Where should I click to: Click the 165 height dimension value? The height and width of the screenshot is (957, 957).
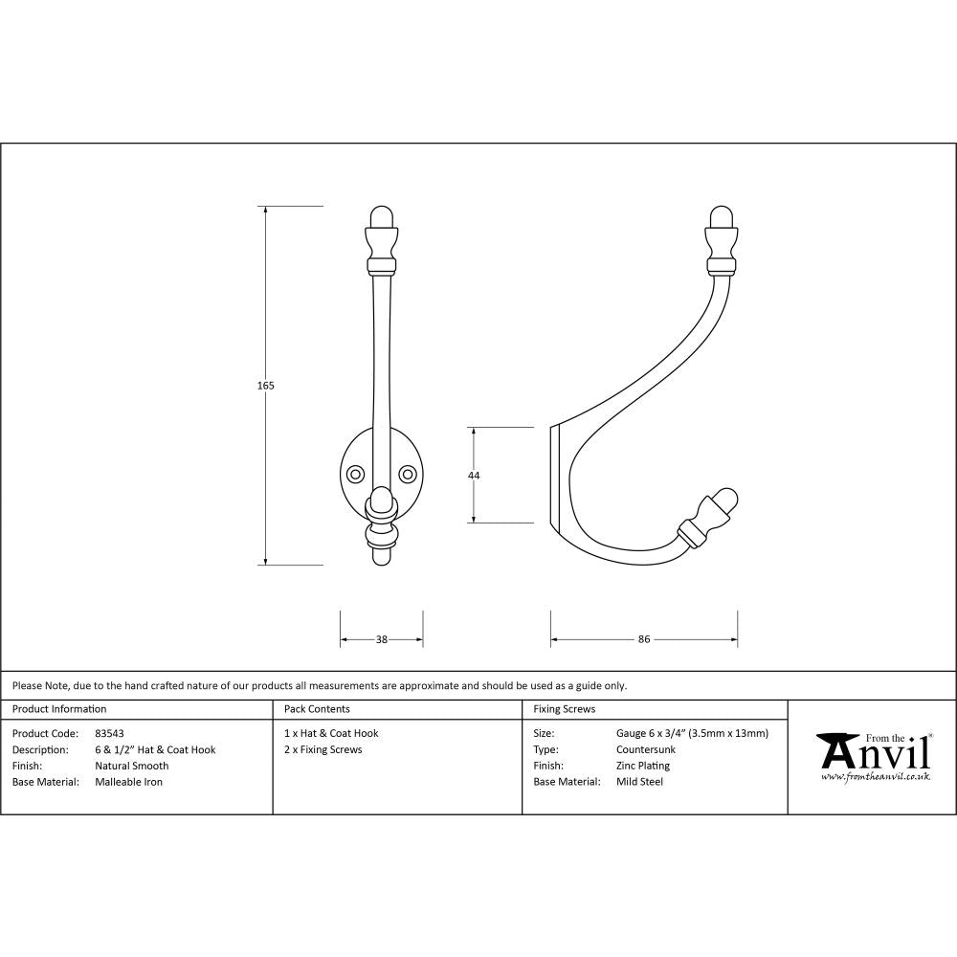(266, 386)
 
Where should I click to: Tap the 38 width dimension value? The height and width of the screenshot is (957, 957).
(382, 639)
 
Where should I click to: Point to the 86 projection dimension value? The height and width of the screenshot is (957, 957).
(644, 639)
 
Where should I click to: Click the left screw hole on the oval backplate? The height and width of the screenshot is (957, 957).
(355, 474)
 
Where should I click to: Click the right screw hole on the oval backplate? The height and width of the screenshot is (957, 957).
(409, 474)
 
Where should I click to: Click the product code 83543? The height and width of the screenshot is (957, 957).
(109, 733)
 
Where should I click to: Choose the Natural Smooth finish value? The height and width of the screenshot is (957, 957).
(131, 766)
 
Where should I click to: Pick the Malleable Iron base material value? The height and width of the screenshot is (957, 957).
(128, 782)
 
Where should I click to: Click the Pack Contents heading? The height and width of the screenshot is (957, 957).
(317, 709)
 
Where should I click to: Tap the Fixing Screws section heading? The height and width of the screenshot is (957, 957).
(564, 709)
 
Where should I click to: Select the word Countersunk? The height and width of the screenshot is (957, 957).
(645, 749)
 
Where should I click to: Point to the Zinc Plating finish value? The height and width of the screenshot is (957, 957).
(642, 766)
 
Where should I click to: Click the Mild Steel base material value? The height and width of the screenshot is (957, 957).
(639, 782)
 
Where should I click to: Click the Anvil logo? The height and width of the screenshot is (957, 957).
(873, 752)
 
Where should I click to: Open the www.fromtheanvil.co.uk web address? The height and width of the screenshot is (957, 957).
(876, 777)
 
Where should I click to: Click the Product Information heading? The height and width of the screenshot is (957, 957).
(59, 709)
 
